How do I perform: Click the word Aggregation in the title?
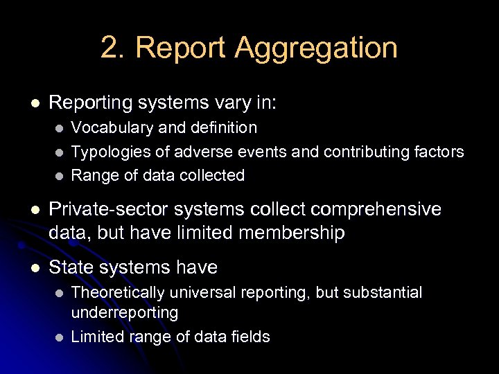316,48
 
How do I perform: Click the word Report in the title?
181,48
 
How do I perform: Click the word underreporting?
125,312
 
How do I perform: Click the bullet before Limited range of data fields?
59,337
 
